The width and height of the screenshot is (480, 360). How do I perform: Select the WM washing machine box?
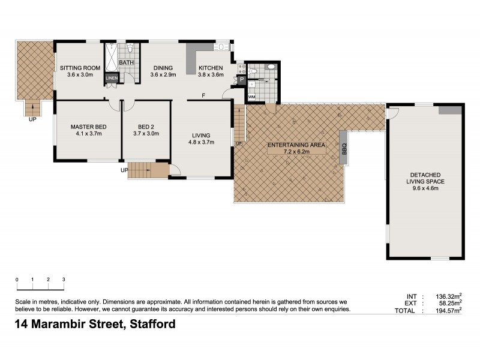tap(251, 96)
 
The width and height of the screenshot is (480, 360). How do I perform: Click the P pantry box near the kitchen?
tap(241, 79)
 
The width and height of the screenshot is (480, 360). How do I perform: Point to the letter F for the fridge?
tap(203, 95)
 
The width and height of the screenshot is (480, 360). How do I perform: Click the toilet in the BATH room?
tap(129, 49)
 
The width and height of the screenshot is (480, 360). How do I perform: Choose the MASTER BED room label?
tap(88, 127)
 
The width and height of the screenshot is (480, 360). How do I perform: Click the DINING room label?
tap(163, 68)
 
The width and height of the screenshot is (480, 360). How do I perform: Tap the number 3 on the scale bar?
tap(63, 280)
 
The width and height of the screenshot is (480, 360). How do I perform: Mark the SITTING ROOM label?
tap(79, 68)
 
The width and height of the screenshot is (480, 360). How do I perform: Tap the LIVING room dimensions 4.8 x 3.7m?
tap(201, 142)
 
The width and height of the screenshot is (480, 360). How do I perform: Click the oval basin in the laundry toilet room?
tap(270, 67)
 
